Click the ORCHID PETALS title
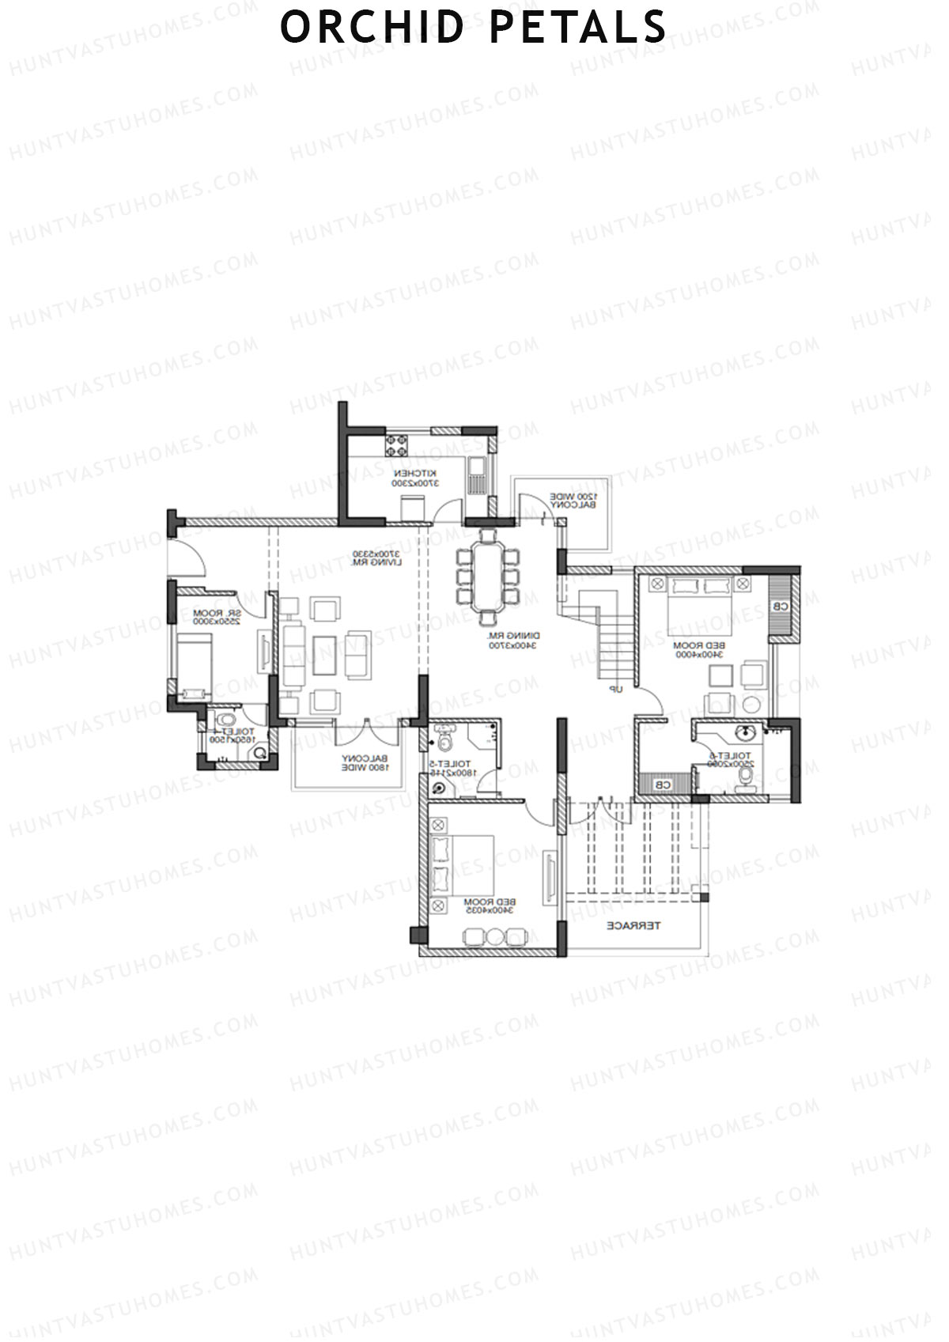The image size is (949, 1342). click(473, 27)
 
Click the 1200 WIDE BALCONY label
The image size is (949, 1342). click(574, 501)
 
